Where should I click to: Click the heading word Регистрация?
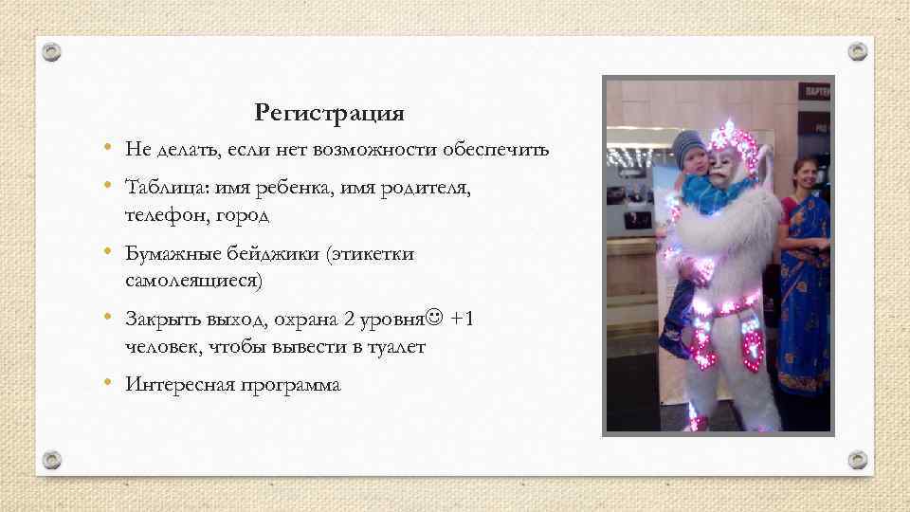pos(329,115)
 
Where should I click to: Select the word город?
pos(246,216)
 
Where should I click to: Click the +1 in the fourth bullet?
pos(464,319)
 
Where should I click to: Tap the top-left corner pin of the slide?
pos(52,51)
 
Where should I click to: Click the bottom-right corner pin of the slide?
pos(857,460)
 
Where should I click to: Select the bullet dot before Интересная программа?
pos(110,384)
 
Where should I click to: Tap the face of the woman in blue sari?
pos(805,174)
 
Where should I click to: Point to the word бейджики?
pos(272,253)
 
